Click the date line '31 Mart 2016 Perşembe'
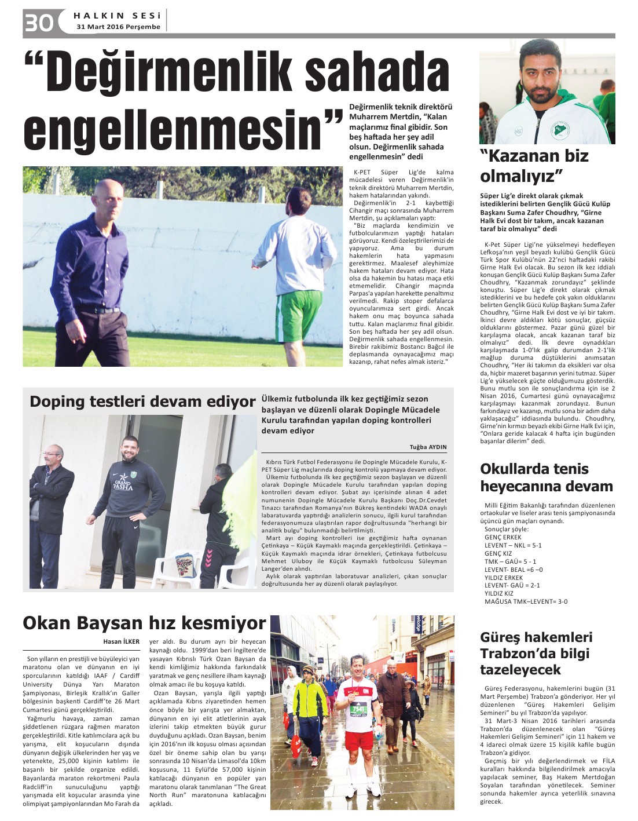[x=118, y=27]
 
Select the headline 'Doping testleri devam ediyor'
[x=142, y=402]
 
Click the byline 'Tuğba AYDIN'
[x=428, y=447]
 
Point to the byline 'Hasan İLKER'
[x=121, y=641]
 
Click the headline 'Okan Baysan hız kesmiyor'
[x=144, y=623]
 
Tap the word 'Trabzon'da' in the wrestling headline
[x=526, y=654]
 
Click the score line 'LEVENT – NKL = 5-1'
[x=513, y=545]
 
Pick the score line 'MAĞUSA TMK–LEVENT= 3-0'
[x=526, y=601]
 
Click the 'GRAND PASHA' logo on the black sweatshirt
[x=123, y=484]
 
